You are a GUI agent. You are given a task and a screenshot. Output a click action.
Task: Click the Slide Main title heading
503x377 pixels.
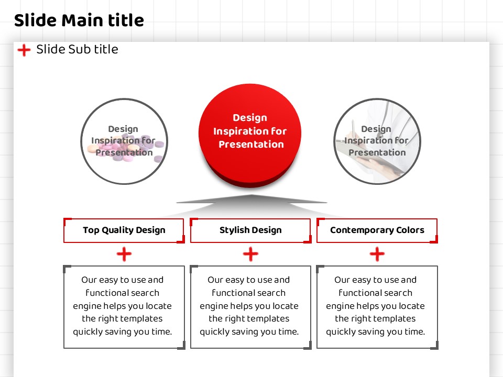click(x=79, y=20)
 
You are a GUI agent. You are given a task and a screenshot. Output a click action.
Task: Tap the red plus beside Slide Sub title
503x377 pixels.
click(x=24, y=50)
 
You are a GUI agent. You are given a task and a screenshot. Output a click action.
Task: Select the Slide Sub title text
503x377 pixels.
click(x=77, y=49)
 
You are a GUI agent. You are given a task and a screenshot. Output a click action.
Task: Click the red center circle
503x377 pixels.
click(x=250, y=135)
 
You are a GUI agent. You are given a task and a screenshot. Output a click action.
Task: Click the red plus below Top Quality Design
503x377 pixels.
click(x=124, y=254)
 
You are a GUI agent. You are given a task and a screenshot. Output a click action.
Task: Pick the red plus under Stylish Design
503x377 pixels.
click(x=250, y=254)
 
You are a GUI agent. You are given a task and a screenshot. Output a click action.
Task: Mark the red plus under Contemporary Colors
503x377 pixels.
click(x=377, y=254)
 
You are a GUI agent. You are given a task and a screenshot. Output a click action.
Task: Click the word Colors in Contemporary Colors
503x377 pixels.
click(x=410, y=230)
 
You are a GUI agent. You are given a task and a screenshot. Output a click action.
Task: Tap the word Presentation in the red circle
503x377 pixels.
click(x=251, y=145)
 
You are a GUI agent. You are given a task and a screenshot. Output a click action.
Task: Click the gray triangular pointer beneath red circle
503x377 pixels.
click(x=251, y=199)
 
